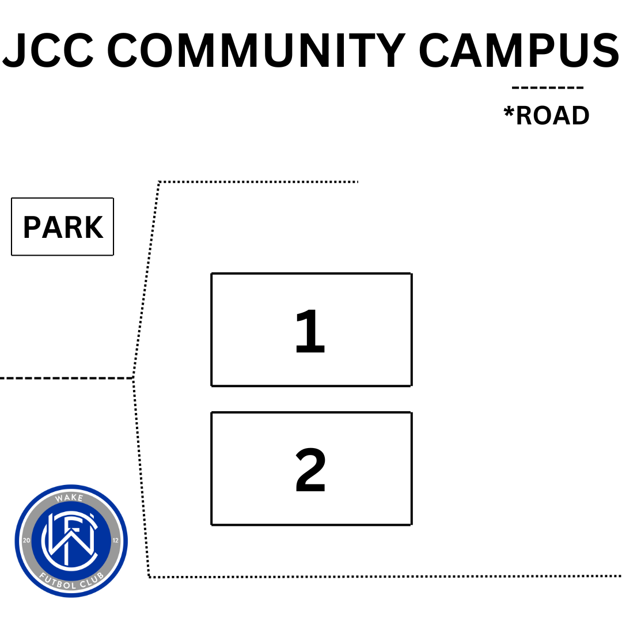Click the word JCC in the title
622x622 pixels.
[48, 50]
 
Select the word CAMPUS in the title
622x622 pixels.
[518, 50]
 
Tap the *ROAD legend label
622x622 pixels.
[547, 115]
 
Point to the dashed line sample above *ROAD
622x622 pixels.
[548, 88]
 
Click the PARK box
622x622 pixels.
[62, 226]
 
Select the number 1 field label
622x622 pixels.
[310, 331]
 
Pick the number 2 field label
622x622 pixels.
[310, 470]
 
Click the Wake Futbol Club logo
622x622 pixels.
[71, 541]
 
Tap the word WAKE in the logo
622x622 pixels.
[70, 498]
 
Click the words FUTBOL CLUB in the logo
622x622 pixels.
[71, 581]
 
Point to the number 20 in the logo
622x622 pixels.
[26, 540]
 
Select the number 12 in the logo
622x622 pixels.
[116, 540]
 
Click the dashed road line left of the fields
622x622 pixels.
[66, 378]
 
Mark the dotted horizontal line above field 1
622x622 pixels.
[258, 182]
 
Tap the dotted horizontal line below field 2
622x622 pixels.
[385, 577]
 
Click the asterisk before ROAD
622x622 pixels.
[509, 112]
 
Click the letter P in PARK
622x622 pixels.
[32, 227]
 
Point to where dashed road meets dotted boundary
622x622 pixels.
[133, 378]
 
